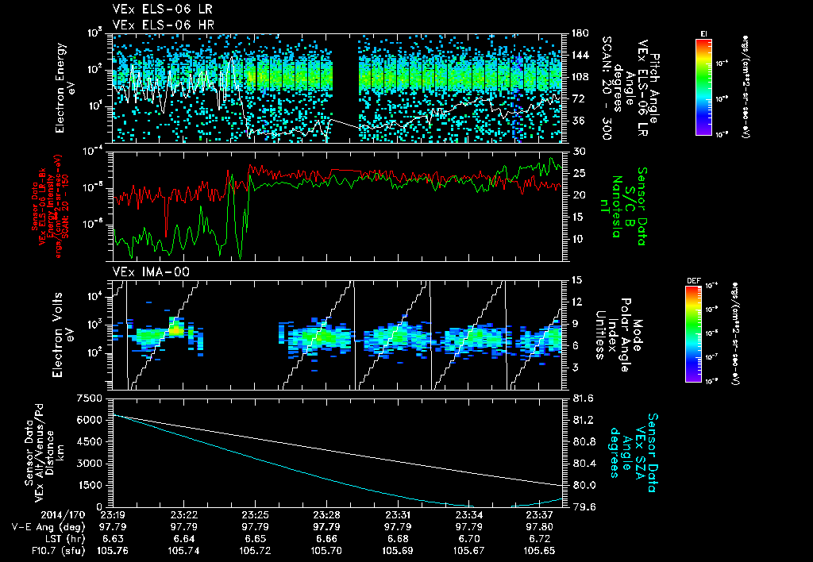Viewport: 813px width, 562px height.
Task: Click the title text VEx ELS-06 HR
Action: (x=156, y=25)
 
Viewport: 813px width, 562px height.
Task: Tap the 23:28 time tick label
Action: (x=327, y=514)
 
